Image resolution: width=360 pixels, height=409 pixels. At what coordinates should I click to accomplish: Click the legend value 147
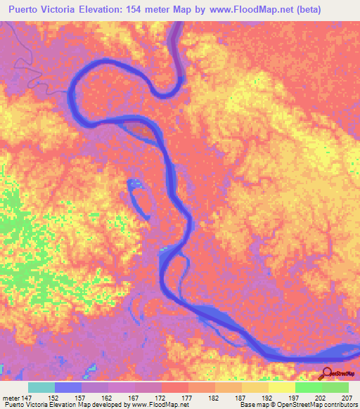(x=27, y=398)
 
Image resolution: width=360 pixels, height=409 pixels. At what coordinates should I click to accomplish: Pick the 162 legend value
(x=108, y=398)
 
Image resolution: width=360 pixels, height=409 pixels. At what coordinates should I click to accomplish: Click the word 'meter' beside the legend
(x=11, y=398)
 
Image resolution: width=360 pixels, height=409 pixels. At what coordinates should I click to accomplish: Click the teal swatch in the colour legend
(x=41, y=387)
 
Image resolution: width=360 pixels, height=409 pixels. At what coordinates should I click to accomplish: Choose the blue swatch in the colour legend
(x=68, y=387)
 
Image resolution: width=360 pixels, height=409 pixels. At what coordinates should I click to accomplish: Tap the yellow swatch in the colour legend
(x=281, y=387)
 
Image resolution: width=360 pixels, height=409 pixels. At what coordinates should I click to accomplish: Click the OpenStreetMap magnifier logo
(x=326, y=373)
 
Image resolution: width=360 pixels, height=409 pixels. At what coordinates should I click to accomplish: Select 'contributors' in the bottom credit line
(x=338, y=405)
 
